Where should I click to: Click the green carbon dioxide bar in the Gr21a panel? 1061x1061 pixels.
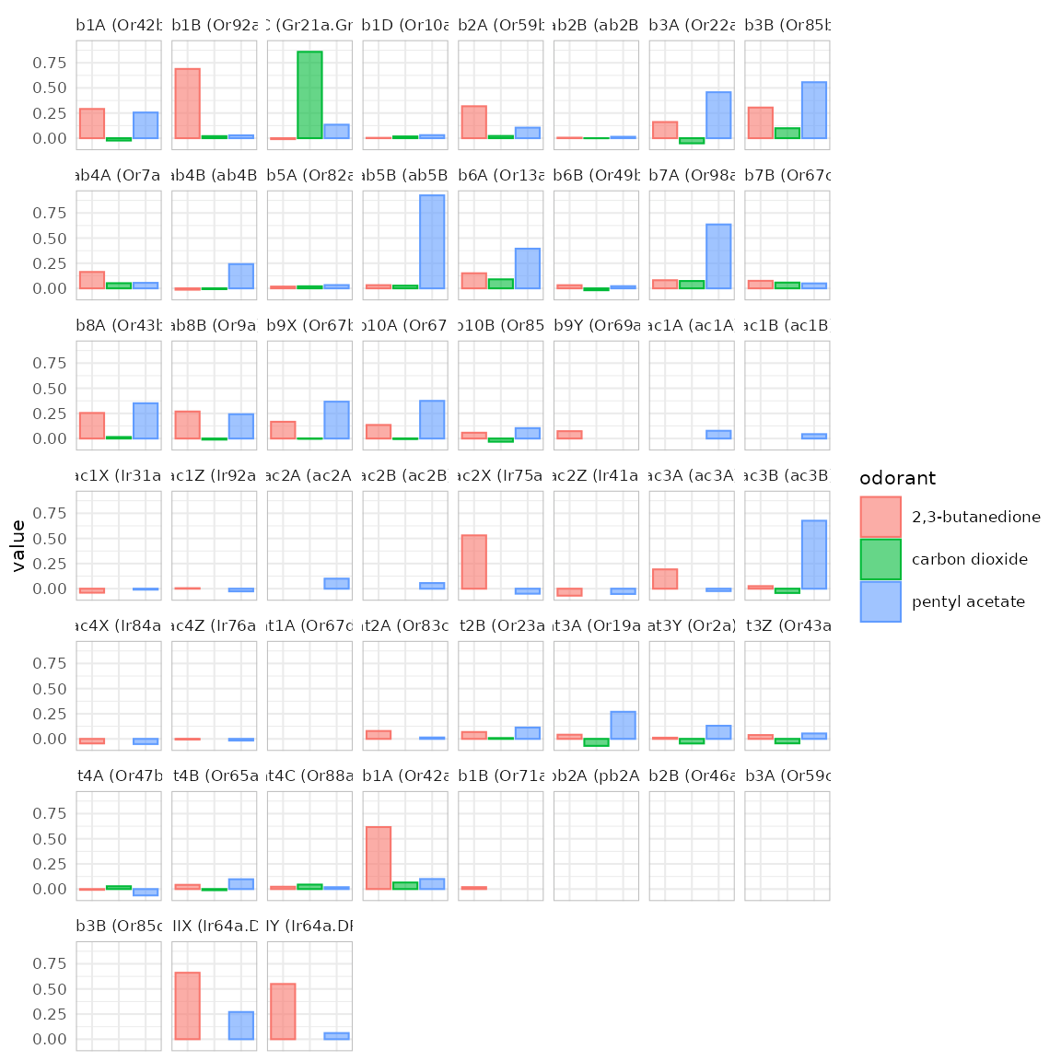pyautogui.click(x=309, y=95)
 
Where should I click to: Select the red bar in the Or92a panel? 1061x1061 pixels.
pyautogui.click(x=187, y=103)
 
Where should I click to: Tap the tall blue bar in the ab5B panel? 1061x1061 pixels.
pyautogui.click(x=432, y=241)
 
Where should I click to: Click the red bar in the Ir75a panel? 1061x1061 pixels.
pyautogui.click(x=473, y=562)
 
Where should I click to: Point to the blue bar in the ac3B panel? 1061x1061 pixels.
pyautogui.click(x=814, y=554)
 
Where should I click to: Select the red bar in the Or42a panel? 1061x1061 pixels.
pyautogui.click(x=379, y=857)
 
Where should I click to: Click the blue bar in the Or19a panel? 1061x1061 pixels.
pyautogui.click(x=623, y=725)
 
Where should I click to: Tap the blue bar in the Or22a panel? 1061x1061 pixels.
pyautogui.click(x=718, y=115)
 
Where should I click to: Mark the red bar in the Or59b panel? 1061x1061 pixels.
pyautogui.click(x=473, y=122)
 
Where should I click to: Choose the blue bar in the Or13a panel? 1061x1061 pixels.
pyautogui.click(x=528, y=268)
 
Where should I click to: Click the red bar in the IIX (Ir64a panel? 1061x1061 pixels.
pyautogui.click(x=187, y=1006)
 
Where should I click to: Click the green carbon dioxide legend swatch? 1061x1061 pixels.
pyautogui.click(x=880, y=559)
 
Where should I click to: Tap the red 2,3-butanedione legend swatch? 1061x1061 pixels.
pyautogui.click(x=880, y=517)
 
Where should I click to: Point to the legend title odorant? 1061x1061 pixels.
pyautogui.click(x=897, y=478)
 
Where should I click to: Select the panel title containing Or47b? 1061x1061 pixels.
pyautogui.click(x=119, y=776)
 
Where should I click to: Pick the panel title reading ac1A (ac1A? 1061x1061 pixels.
pyautogui.click(x=692, y=326)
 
